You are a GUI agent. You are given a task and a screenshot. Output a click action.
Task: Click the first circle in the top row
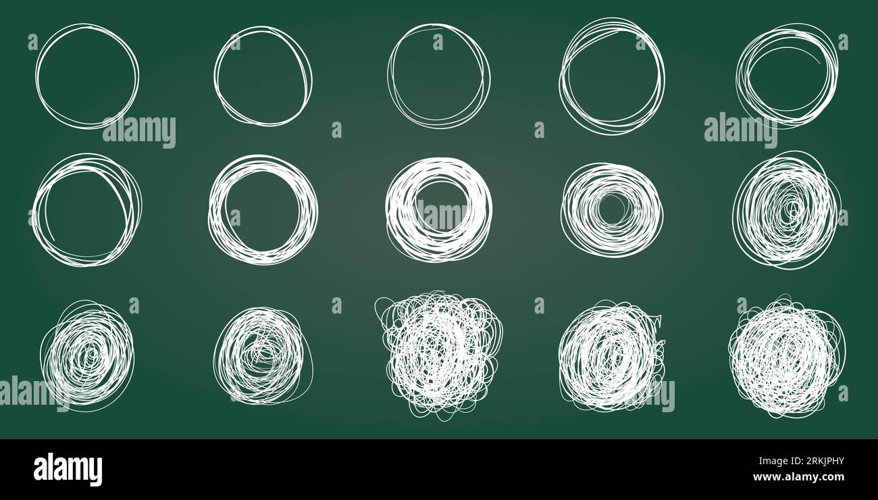coord(87,76)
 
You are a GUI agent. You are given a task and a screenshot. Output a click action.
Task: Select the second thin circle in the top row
coord(263,76)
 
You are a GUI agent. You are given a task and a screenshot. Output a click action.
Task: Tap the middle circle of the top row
coord(438,76)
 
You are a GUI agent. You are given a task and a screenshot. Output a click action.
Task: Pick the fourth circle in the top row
coord(611,76)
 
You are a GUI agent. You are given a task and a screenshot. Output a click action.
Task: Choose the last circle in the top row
coord(786,75)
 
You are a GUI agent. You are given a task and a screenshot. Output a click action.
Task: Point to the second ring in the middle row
coord(263,209)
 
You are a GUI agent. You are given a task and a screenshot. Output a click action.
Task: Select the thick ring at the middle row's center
coord(438,209)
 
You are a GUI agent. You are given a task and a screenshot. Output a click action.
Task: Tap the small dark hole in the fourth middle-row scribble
coord(611,210)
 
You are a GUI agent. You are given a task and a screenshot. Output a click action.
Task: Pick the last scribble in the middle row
coord(785,209)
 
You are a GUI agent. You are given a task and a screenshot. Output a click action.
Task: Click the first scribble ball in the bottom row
coord(88,355)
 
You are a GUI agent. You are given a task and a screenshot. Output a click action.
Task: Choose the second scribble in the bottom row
coord(262,355)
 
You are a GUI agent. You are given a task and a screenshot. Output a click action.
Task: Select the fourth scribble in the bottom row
coord(611,355)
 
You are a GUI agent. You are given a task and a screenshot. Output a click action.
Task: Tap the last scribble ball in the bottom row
coord(786,355)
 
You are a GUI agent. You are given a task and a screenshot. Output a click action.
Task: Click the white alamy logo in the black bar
coord(68,470)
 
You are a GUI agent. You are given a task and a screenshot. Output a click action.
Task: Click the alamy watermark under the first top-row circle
coord(139,131)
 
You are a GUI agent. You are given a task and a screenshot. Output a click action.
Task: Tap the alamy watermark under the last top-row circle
coord(740,130)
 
